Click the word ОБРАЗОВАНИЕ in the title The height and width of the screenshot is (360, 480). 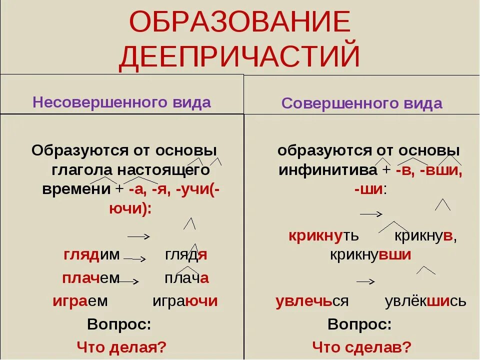[x=239, y=21]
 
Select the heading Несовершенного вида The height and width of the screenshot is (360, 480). [x=122, y=102]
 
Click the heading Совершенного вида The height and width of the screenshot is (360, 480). [x=362, y=103]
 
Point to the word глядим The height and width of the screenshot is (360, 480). [x=91, y=255]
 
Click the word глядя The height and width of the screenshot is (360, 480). [x=186, y=255]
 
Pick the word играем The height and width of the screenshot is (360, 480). [x=80, y=301]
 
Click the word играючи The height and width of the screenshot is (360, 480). [x=185, y=301]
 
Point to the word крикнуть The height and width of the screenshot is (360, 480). [x=323, y=235]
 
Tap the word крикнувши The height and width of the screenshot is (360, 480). [x=370, y=254]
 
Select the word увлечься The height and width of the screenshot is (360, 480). [x=312, y=301]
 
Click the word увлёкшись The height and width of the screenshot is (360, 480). [x=425, y=301]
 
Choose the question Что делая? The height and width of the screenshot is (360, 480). [x=121, y=347]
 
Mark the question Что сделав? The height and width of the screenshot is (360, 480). [x=361, y=347]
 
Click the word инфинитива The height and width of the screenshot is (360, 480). [x=328, y=170]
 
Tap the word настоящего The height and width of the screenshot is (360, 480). [x=164, y=170]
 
